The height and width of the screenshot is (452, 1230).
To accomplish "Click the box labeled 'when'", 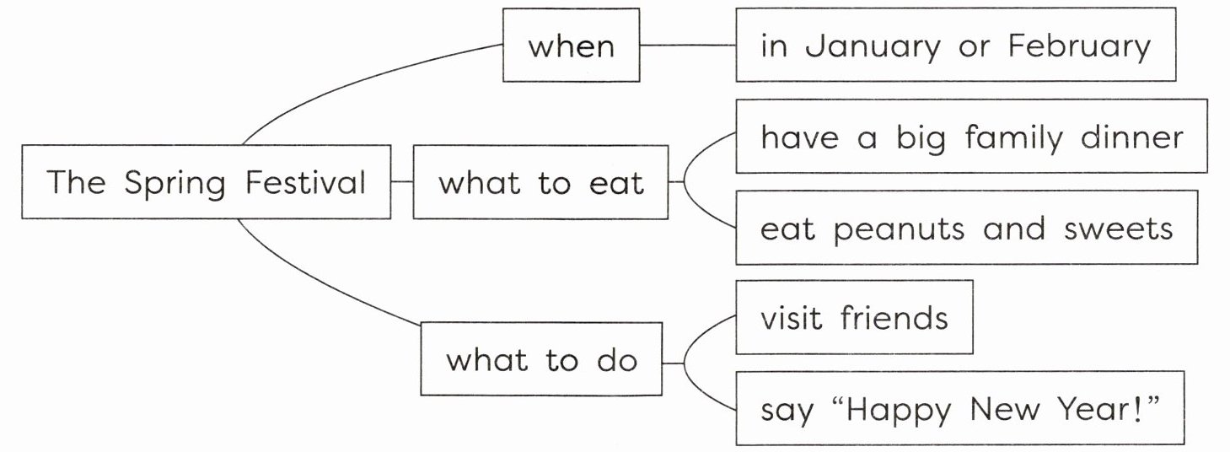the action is click(571, 46).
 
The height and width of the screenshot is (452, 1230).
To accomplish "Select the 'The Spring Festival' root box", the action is click(206, 182).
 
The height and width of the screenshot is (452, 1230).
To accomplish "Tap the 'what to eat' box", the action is click(540, 182).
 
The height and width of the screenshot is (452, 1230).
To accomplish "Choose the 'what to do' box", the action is click(540, 360).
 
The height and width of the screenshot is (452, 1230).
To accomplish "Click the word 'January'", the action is click(872, 46).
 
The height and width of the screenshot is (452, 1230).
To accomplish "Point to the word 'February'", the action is click(1079, 46).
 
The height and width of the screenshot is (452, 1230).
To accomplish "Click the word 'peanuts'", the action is click(899, 229).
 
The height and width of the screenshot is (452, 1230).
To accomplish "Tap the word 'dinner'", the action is click(1132, 137).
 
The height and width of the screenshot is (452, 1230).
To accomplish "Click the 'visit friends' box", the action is click(854, 317).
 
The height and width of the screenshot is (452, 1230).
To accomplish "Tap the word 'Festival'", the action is click(306, 182).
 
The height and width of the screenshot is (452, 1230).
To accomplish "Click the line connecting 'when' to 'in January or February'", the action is click(687, 46).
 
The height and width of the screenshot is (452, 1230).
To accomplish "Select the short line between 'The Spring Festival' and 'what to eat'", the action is click(402, 182).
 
